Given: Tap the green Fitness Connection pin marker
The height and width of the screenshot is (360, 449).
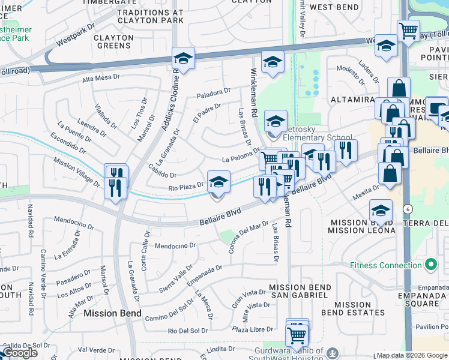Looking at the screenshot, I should point(430,264).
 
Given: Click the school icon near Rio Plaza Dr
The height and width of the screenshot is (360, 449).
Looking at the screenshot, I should point(218,182).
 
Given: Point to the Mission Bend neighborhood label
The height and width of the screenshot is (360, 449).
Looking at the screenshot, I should point(112,313).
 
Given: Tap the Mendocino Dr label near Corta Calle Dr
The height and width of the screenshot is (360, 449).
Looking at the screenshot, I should point(175,245).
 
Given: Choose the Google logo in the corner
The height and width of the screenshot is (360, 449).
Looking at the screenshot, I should point(20,353).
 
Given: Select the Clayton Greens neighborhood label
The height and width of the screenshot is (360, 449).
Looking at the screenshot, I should point(113,41).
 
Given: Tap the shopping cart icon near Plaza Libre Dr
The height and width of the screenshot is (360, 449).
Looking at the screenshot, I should point(297,334).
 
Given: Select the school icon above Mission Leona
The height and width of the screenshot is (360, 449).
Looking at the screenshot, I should point(380,211).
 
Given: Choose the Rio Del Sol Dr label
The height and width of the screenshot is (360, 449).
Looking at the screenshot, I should point(188,331).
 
